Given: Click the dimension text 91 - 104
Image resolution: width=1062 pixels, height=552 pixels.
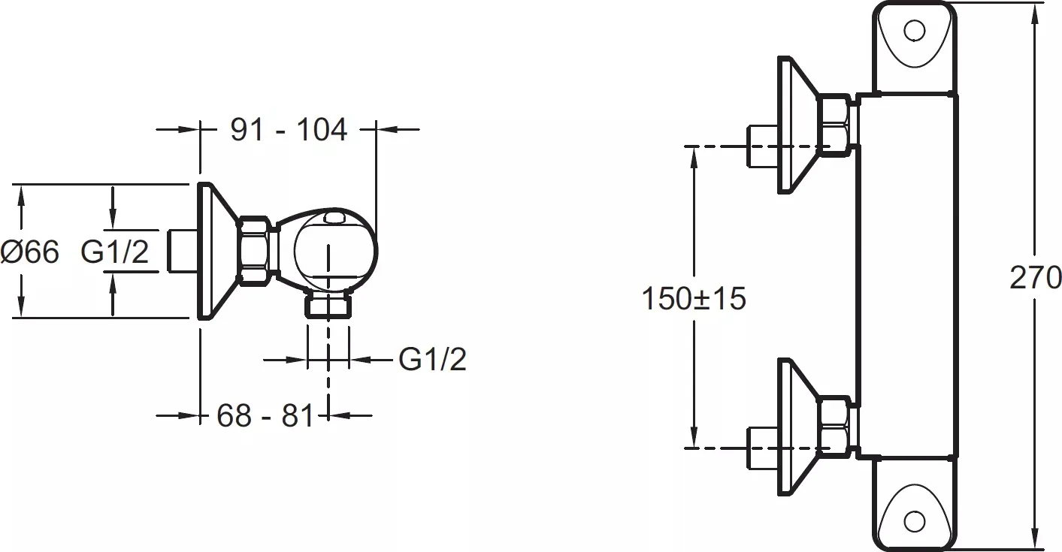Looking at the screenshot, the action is point(289,130).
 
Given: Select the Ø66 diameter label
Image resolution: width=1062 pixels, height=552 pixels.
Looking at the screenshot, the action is point(30,252).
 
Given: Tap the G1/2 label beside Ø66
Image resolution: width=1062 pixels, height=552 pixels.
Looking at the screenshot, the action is point(115,252).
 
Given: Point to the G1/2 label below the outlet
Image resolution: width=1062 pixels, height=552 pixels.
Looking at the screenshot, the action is point(432,359).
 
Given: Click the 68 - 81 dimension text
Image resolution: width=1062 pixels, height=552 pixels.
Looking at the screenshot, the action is point(265,416).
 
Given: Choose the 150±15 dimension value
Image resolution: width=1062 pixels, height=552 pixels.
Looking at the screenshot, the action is point(694,299).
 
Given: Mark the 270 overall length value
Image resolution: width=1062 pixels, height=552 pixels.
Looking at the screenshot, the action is point(1036,278).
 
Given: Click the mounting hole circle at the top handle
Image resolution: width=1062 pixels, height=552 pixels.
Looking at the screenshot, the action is point(915,31).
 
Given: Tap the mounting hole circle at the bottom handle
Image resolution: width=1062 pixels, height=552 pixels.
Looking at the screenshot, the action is point(915,522).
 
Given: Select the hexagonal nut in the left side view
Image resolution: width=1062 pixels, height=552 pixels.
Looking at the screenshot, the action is point(253,252).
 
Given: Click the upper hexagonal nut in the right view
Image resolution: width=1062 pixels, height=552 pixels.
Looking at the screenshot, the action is point(834,125).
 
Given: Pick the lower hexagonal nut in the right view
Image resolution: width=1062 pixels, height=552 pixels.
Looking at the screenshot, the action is point(834,428).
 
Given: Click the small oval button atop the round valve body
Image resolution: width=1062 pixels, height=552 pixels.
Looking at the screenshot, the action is point(334,218).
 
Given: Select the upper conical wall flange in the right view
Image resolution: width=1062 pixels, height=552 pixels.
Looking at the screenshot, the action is point(797,125).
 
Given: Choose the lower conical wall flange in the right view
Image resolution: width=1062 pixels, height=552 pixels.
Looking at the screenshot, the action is point(797,427).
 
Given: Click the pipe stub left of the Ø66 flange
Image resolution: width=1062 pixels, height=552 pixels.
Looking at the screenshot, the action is point(183,251).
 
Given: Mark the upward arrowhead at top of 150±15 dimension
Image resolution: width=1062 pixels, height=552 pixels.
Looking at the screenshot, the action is point(694,157).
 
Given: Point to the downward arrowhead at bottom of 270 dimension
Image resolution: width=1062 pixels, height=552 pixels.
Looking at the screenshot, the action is point(1035,539).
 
